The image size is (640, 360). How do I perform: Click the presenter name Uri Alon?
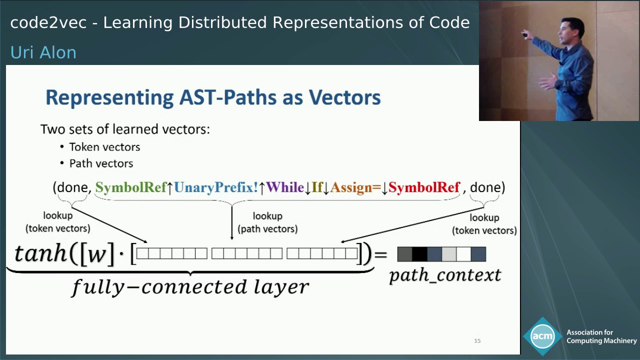pyautogui.click(x=43, y=52)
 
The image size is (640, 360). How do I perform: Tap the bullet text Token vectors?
pyautogui.click(x=104, y=147)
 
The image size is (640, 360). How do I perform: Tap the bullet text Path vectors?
pyautogui.click(x=101, y=163)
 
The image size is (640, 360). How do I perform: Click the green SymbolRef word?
pyautogui.click(x=130, y=187)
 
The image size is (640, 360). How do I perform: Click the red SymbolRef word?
pyautogui.click(x=424, y=187)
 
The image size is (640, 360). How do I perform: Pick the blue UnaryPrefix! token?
pyautogui.click(x=216, y=187)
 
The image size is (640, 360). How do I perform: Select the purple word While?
pyautogui.click(x=285, y=187)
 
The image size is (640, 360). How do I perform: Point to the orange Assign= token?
pyautogui.click(x=355, y=187)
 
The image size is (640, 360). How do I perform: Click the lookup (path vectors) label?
pyautogui.click(x=267, y=222)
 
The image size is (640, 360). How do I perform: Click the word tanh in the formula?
pyautogui.click(x=40, y=254)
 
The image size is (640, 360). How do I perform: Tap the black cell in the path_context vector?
pyautogui.click(x=419, y=254)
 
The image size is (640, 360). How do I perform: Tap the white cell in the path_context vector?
pyautogui.click(x=463, y=254)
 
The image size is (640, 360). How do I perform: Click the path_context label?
pyautogui.click(x=445, y=275)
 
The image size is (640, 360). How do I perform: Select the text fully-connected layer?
pyautogui.click(x=190, y=287)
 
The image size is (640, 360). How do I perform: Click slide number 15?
pyautogui.click(x=477, y=341)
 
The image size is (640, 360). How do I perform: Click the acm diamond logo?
pyautogui.click(x=542, y=336)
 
